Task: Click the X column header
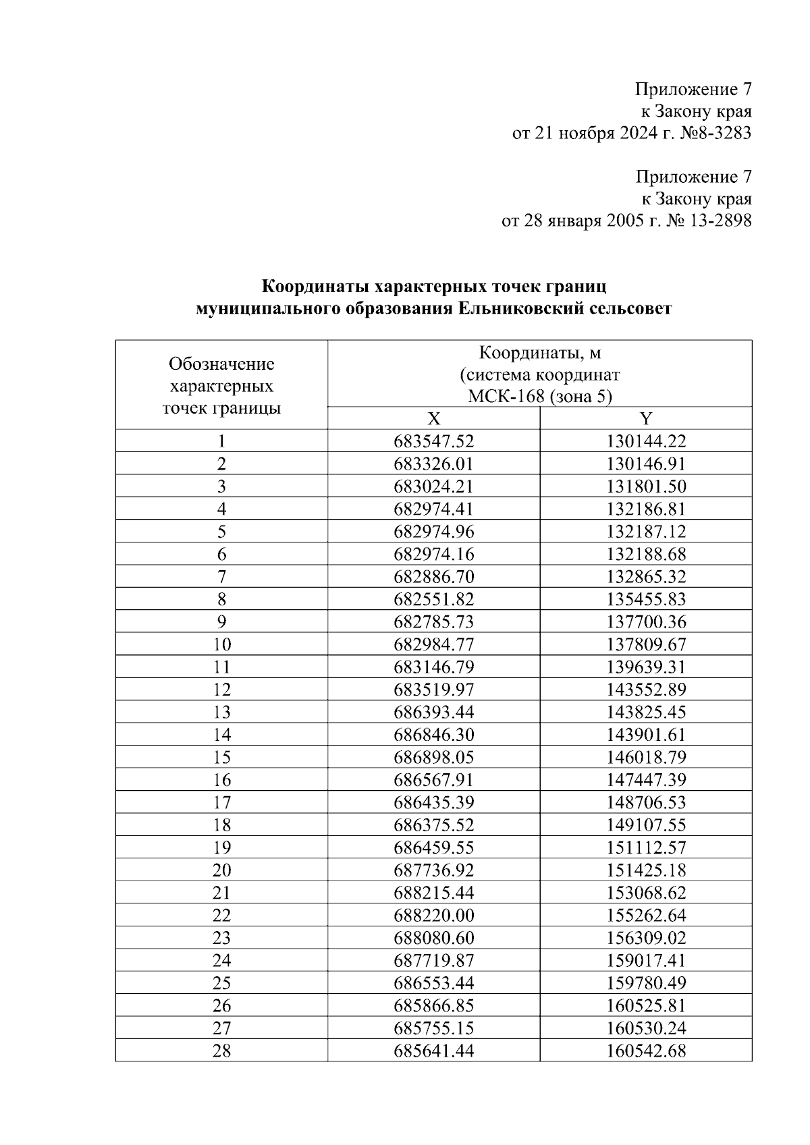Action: pos(434,418)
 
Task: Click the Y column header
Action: pos(646,418)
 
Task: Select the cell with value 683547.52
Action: pos(434,441)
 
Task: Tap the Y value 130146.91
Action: pos(646,464)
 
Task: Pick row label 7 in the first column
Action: pos(221,577)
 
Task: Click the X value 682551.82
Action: pos(434,599)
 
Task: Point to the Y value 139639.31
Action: pos(646,667)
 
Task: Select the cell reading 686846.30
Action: pos(434,735)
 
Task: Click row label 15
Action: pos(221,758)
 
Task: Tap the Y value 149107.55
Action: pos(646,825)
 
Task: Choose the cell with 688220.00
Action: pos(434,916)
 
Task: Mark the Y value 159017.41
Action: pos(646,961)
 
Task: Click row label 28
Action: pos(221,1051)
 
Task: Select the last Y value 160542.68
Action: pos(646,1051)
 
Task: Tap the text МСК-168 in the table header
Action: pos(506,397)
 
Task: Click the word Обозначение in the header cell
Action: pos(221,364)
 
